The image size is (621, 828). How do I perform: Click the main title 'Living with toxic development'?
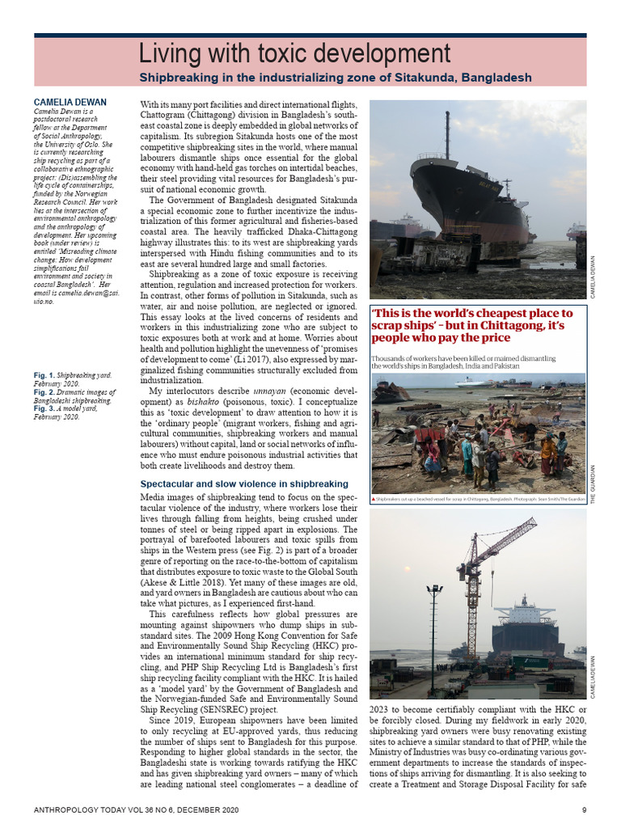(x=294, y=54)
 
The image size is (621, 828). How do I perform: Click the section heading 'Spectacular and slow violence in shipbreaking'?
(x=243, y=484)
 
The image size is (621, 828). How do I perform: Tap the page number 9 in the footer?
(x=584, y=809)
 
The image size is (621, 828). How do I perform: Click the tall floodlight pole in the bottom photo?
(x=434, y=623)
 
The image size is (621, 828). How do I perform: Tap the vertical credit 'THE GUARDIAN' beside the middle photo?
(x=593, y=485)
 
